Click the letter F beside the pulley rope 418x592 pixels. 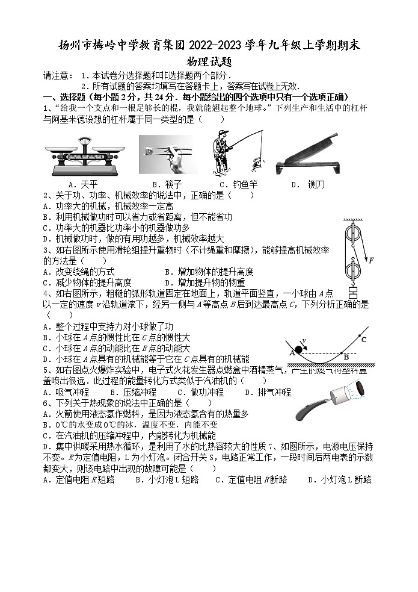pyautogui.click(x=371, y=260)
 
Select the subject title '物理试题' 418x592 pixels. pyautogui.click(x=209, y=61)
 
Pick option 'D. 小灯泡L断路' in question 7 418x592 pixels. pyautogui.click(x=339, y=479)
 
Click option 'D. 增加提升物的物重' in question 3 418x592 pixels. pyautogui.click(x=204, y=282)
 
